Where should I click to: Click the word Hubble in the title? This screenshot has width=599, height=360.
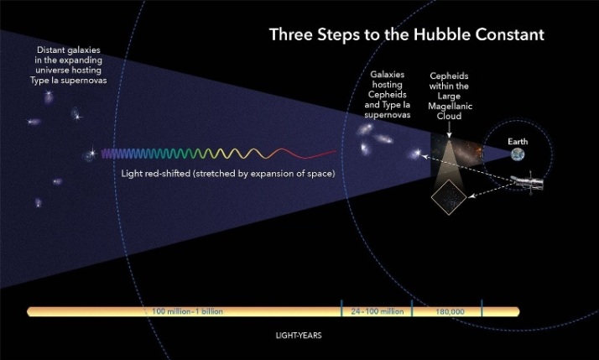[441, 34]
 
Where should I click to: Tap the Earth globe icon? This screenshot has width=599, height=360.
[518, 154]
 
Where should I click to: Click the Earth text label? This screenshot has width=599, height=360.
[518, 142]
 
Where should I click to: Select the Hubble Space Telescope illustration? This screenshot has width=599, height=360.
[529, 182]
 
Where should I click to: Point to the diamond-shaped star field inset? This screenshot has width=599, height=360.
[449, 197]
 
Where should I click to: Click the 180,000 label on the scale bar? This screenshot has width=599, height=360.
[450, 312]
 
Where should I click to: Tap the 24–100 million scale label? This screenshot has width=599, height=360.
[377, 311]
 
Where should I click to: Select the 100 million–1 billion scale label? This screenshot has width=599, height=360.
[187, 311]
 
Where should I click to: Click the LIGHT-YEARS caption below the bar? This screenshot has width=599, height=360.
[299, 336]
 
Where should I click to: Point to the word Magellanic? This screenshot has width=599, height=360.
[450, 107]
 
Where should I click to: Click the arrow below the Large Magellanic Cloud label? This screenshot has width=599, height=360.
[450, 131]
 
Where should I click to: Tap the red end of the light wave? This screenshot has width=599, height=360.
[336, 151]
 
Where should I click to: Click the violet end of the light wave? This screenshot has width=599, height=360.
[102, 154]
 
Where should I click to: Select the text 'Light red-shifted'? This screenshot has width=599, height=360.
[155, 174]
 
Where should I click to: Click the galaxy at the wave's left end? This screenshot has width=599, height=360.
[90, 154]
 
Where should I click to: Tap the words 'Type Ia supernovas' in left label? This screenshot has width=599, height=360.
[69, 81]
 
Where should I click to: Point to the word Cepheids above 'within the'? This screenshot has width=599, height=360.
[449, 76]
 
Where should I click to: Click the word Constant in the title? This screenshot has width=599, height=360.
[509, 34]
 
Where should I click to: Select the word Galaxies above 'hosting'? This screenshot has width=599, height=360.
[387, 75]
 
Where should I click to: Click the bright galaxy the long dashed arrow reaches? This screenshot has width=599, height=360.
[417, 154]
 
